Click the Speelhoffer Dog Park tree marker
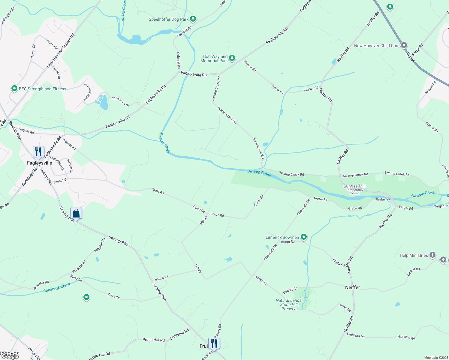pos(193,19)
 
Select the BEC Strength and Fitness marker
pos(14,88)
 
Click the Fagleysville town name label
pos(40,163)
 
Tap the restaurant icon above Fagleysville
pos(38,151)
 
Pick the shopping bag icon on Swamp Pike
pos(76,213)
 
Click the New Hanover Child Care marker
pos(404,45)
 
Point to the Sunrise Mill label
pos(354,186)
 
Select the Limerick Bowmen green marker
pos(304,237)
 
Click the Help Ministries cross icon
pos(432,255)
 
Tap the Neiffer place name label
pos(352,287)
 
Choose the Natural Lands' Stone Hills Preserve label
pos(289,304)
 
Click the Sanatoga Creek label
pos(57,288)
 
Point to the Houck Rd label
pos(161,278)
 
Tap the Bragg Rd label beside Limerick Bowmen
pos(288,242)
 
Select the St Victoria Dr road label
pos(120,102)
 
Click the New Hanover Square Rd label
pos(61,50)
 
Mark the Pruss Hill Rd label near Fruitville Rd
pos(154,340)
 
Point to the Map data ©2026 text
pos(435,358)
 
